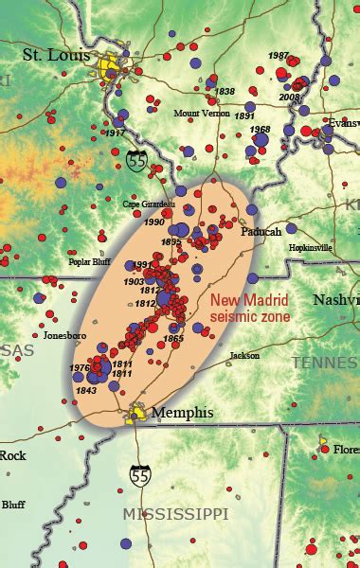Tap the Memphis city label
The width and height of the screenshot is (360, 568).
coord(182,413)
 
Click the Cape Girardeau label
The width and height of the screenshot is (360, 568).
coord(150,203)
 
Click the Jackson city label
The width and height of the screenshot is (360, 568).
coord(244,357)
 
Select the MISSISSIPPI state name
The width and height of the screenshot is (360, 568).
coord(175,512)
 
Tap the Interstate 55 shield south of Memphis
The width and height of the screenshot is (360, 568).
coord(140,470)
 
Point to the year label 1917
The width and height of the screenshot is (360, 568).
coord(115,133)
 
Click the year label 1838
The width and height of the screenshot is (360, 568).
coord(225,92)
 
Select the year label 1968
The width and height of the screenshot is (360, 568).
coord(261,129)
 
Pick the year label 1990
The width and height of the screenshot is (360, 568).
coord(153,222)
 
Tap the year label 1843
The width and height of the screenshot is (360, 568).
coord(86,390)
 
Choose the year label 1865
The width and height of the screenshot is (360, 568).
coord(173,338)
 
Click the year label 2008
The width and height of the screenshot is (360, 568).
coord(290,97)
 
